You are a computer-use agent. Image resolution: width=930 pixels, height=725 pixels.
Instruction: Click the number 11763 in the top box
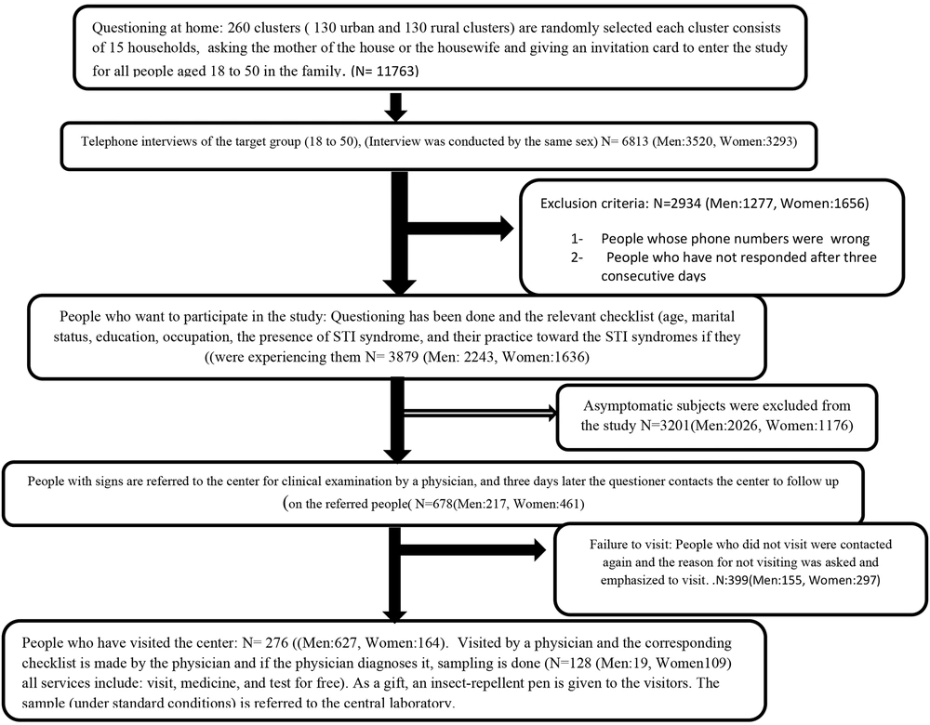click(x=397, y=72)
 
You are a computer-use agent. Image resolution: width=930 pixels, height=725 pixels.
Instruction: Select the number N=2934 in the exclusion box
click(x=679, y=204)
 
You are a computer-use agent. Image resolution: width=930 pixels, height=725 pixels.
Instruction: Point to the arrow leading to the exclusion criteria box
click(x=460, y=229)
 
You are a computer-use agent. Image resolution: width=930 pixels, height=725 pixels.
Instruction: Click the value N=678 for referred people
click(x=434, y=505)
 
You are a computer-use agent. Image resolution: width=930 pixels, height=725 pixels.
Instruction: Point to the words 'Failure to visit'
click(x=630, y=544)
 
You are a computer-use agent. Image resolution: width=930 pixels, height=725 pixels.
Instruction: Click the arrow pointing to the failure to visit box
click(x=472, y=549)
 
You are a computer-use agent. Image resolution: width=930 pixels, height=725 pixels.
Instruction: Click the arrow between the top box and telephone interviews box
click(x=395, y=107)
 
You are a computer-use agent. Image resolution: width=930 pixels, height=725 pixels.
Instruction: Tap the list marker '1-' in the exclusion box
click(x=578, y=239)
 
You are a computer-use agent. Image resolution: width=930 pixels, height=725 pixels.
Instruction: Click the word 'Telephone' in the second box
click(x=108, y=142)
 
